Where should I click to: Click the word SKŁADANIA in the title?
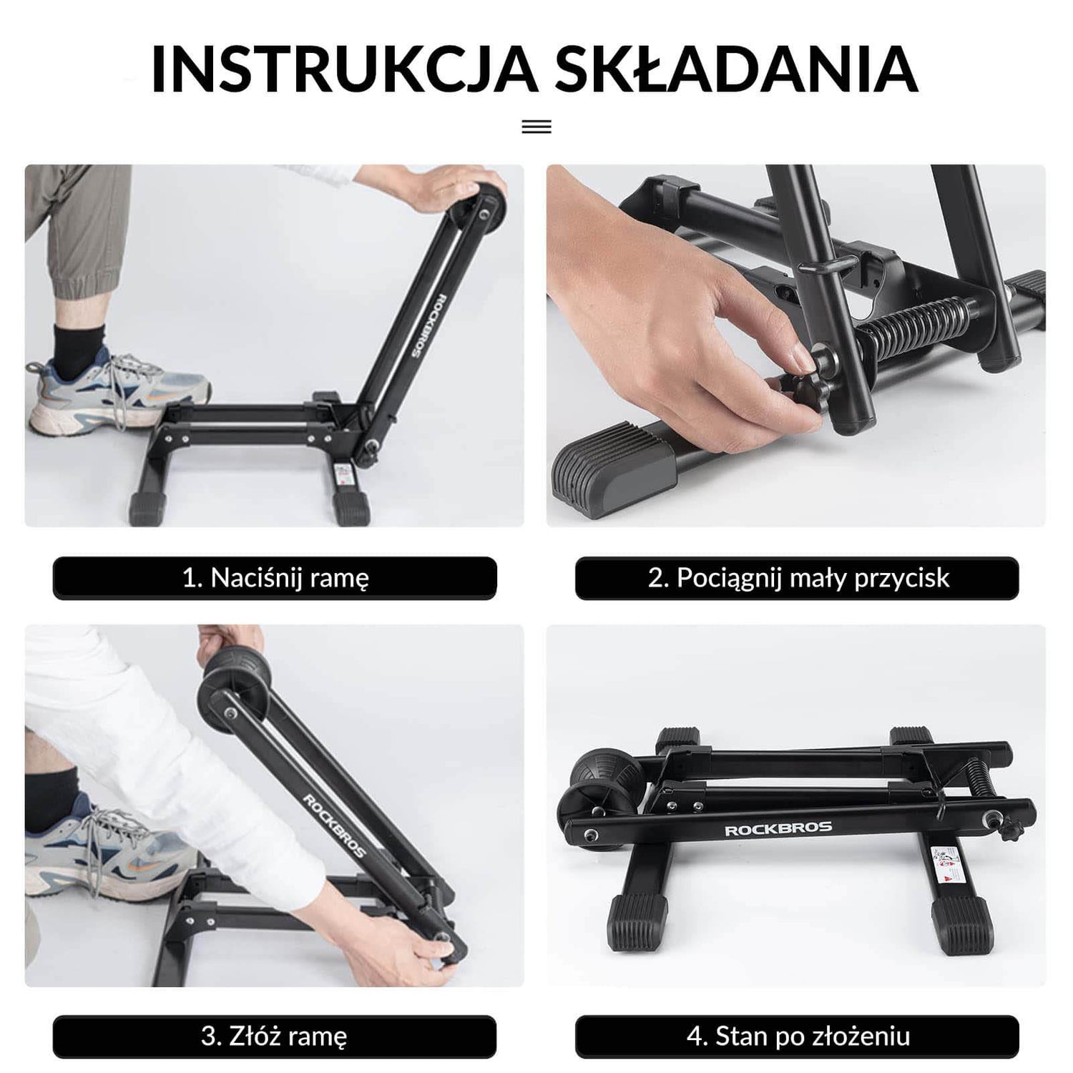[x=737, y=69]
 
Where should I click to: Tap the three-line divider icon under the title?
[x=536, y=127]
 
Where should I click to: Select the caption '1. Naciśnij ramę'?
[x=275, y=578]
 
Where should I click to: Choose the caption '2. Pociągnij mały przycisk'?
[x=797, y=578]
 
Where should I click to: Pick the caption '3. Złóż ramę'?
[x=275, y=1036]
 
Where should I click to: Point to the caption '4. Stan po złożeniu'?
[x=797, y=1036]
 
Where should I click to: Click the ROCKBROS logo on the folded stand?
[x=778, y=829]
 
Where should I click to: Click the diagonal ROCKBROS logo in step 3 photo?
[x=334, y=825]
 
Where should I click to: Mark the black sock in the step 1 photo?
[x=79, y=351]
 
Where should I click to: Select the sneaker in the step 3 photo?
[x=107, y=851]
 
